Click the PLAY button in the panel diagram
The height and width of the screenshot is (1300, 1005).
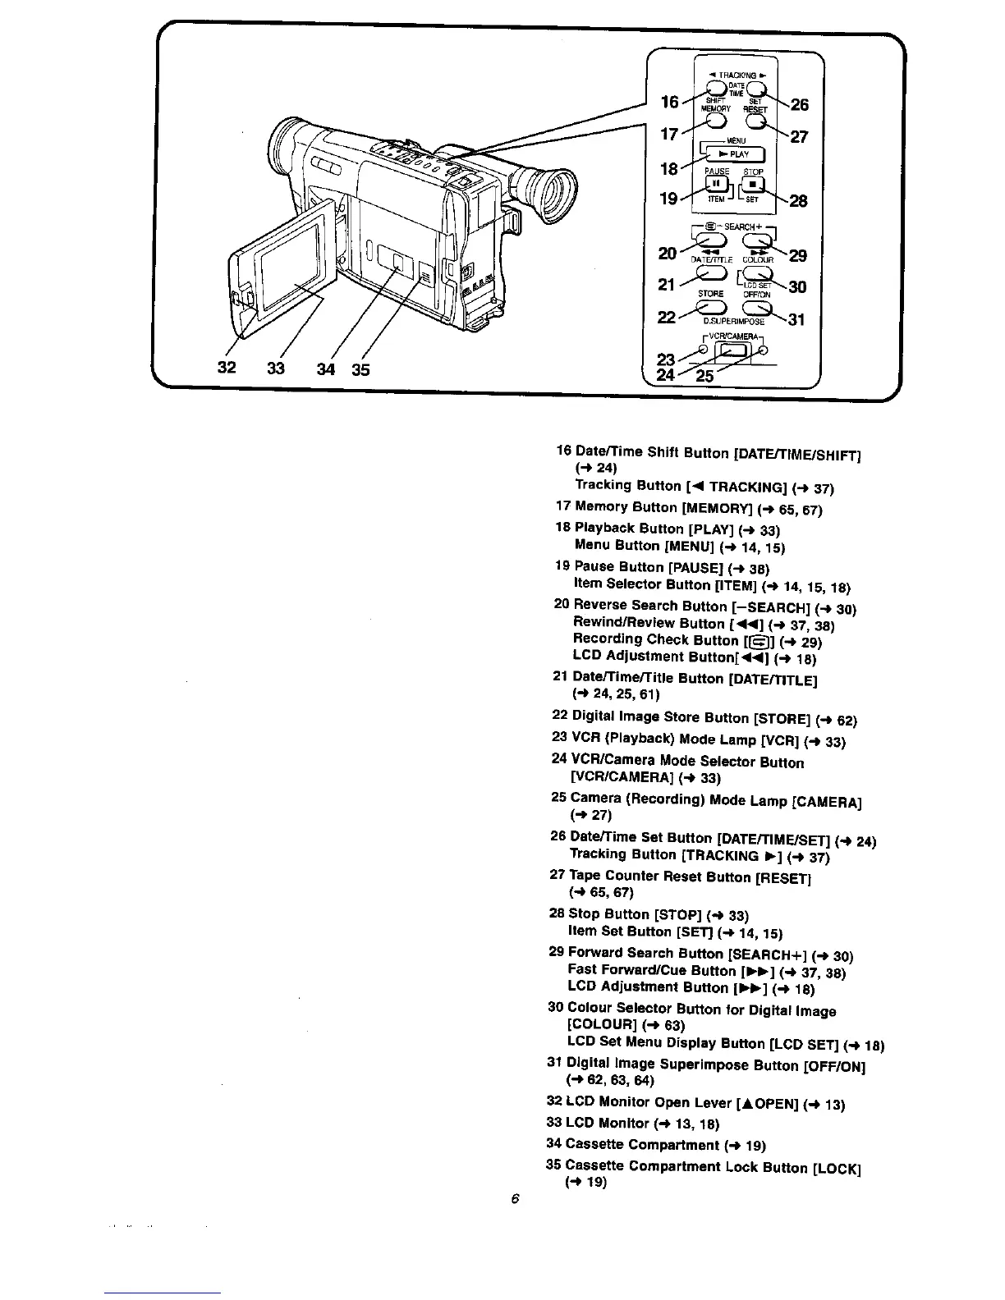[732, 153]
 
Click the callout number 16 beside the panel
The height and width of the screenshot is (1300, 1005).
[670, 102]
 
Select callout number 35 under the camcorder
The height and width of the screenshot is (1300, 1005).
[361, 369]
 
